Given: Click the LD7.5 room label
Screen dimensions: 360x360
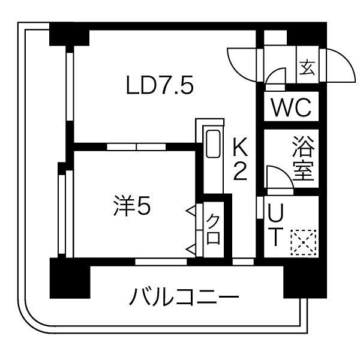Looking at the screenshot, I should tap(160, 87).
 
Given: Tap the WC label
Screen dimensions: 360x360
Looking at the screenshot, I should tap(290, 109).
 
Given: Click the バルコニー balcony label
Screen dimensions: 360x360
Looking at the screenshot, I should tap(185, 296).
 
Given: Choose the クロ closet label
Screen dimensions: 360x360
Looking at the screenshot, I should tap(214, 229).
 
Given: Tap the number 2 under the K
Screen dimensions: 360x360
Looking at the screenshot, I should tap(240, 172).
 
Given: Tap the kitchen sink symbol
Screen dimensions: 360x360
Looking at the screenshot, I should tap(213, 143).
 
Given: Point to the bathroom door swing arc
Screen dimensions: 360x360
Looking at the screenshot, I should tap(277, 177).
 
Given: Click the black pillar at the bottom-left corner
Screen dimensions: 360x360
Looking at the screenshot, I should tap(69, 278).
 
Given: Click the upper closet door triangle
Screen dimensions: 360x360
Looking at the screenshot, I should tap(191, 211).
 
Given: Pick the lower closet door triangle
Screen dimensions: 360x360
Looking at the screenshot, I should tap(191, 248).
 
